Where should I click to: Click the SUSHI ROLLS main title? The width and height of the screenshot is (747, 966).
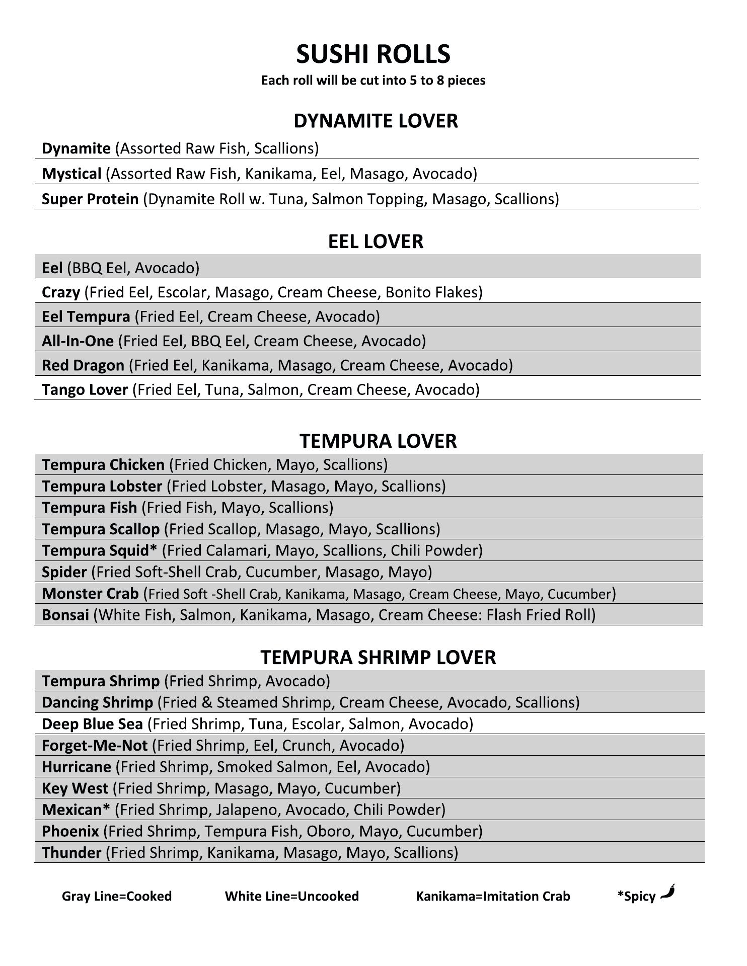[373, 54]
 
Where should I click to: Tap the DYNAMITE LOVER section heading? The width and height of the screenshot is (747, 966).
[376, 121]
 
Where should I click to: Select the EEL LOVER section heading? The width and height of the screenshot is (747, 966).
[376, 242]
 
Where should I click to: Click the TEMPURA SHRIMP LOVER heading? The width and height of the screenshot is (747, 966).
[378, 657]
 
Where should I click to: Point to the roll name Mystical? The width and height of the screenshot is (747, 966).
[71, 174]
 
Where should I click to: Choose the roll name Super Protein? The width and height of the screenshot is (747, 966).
[90, 199]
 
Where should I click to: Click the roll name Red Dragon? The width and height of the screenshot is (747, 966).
[83, 365]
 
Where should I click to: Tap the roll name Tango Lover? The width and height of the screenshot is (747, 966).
[85, 389]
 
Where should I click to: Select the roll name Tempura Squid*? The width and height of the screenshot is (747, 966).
[100, 550]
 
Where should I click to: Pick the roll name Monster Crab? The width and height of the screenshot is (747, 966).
[90, 594]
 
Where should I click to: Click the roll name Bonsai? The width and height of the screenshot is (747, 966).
[65, 615]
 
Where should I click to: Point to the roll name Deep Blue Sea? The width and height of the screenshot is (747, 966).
[92, 724]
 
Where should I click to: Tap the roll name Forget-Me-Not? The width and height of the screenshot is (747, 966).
[95, 745]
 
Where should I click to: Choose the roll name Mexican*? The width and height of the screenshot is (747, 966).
[76, 810]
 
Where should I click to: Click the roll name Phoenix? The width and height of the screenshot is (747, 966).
[70, 831]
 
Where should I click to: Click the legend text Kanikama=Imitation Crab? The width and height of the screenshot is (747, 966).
[493, 896]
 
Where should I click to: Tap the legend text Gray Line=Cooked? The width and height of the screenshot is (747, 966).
[117, 896]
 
